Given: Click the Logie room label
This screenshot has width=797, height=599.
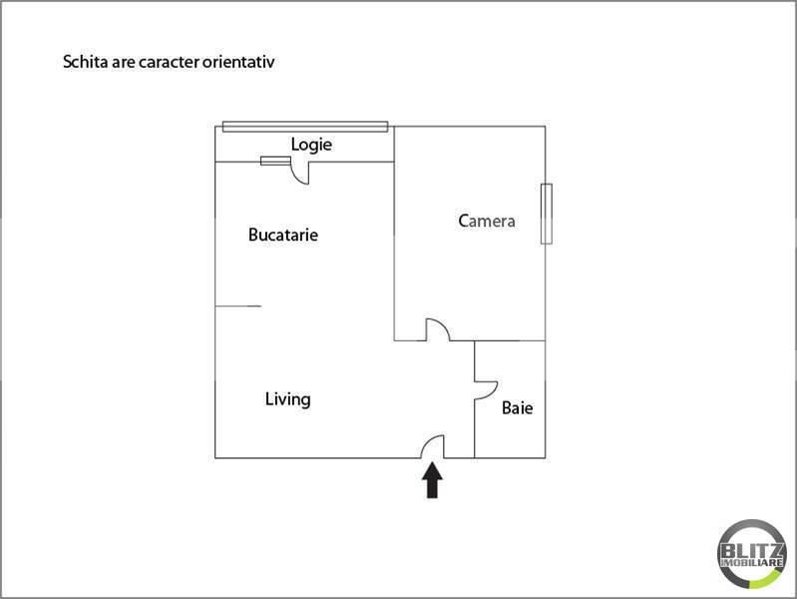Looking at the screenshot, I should (311, 145).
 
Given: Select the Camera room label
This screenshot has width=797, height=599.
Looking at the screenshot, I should (487, 221).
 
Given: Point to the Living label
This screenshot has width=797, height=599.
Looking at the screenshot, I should (287, 399).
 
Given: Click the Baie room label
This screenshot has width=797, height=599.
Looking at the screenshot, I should (517, 407).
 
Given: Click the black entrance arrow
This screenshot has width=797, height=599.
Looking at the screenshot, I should (432, 481).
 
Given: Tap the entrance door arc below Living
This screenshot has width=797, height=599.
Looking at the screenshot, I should (432, 447).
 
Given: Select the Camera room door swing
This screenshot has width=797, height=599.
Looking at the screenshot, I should (436, 329).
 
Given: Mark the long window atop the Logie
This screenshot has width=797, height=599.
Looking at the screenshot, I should (304, 126).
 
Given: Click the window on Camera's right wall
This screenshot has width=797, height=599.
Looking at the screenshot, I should (546, 213).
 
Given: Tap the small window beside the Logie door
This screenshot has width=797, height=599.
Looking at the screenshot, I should (275, 161).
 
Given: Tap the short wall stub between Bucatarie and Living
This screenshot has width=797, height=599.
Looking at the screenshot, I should (238, 306).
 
